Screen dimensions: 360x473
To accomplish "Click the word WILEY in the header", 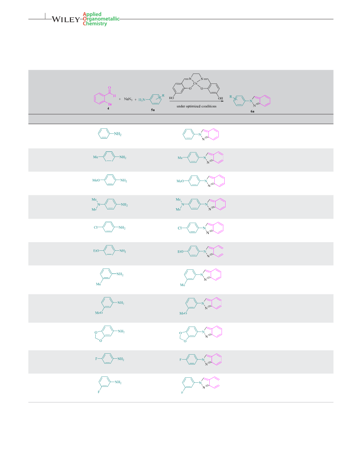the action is pyautogui.click(x=66, y=20).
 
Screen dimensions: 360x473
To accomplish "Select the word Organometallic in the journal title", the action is pyautogui.click(x=101, y=19).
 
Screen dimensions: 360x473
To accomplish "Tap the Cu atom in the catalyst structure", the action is pyautogui.click(x=195, y=83).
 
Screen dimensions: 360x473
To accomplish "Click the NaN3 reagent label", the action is pyautogui.click(x=128, y=99).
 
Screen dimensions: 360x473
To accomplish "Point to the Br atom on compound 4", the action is pyautogui.click(x=110, y=104).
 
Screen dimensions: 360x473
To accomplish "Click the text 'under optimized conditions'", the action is pyautogui.click(x=197, y=106).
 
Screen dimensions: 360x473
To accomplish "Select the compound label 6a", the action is pyautogui.click(x=252, y=111).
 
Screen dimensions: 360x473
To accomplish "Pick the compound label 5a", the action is pyautogui.click(x=153, y=110).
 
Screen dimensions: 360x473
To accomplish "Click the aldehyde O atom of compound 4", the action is pyautogui.click(x=109, y=88).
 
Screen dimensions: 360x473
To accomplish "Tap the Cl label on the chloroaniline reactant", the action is pyautogui.click(x=95, y=228).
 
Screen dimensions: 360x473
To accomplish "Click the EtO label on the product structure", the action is pyautogui.click(x=180, y=251).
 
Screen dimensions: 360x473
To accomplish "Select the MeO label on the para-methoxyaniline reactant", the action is pyautogui.click(x=96, y=180).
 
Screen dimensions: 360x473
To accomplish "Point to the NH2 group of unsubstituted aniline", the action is pyautogui.click(x=118, y=134).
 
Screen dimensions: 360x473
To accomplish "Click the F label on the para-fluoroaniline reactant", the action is pyautogui.click(x=96, y=359).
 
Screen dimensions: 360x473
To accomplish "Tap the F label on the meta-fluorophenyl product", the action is pyautogui.click(x=182, y=392).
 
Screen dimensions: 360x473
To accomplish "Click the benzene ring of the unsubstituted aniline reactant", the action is pyautogui.click(x=104, y=134).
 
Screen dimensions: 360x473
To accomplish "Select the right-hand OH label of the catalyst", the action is pyautogui.click(x=220, y=98).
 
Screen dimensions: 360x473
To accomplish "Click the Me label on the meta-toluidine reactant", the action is pyautogui.click(x=99, y=284).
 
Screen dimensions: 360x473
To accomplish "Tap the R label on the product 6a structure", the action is pyautogui.click(x=231, y=97).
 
